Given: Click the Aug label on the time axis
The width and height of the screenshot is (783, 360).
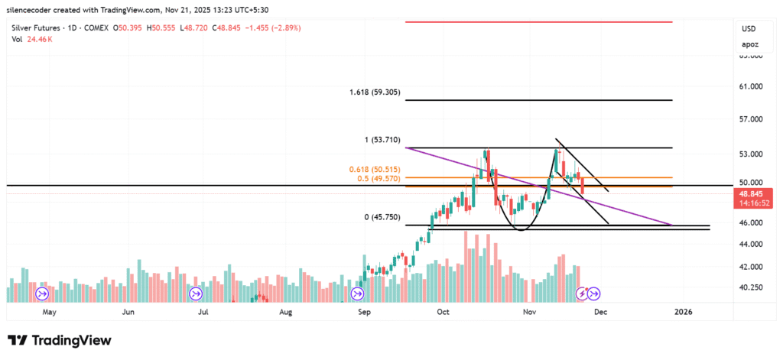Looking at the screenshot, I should [286, 312].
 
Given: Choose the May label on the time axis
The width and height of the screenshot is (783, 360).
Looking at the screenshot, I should [49, 312].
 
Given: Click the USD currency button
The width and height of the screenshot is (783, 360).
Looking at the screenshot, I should [749, 28].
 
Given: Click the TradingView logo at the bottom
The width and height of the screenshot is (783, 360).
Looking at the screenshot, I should [60, 340].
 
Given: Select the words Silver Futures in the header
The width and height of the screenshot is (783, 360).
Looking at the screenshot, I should [36, 28].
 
